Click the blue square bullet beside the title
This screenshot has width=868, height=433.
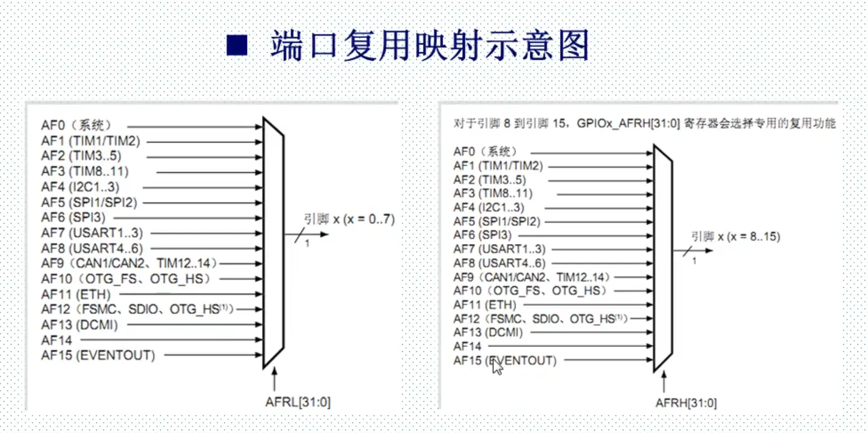click(237, 46)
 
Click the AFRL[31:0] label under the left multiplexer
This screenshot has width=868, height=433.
click(298, 402)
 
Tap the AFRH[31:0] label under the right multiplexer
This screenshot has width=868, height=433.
click(686, 403)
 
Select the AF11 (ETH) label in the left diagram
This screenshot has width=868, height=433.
click(76, 294)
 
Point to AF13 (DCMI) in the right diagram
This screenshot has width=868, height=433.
click(488, 332)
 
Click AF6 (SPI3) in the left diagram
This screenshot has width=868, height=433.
click(74, 217)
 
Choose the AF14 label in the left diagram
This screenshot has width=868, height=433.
click(56, 340)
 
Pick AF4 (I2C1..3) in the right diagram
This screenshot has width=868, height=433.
click(489, 207)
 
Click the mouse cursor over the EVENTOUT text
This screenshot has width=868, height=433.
click(497, 367)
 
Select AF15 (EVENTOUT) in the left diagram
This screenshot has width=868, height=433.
click(98, 356)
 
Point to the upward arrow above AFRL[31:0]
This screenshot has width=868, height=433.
click(274, 378)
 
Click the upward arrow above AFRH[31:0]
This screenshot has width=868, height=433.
click(664, 382)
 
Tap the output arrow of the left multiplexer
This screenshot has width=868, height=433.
click(306, 234)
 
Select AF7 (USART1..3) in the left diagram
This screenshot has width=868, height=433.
click(92, 233)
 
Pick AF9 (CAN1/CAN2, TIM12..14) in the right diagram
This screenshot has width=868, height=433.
click(532, 277)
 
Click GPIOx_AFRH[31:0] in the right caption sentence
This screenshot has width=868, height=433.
click(628, 123)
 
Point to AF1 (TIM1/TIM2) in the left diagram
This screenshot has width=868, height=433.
click(91, 141)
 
